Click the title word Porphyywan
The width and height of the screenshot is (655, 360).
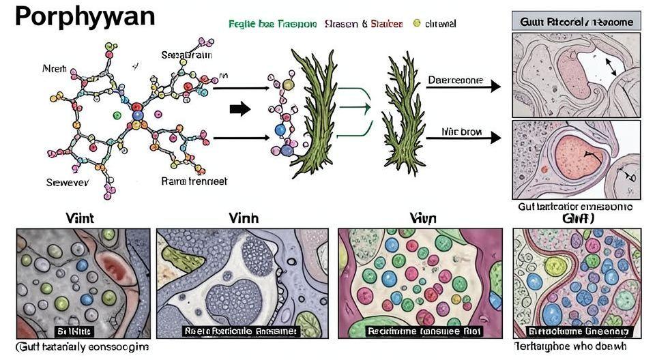tap(85, 16)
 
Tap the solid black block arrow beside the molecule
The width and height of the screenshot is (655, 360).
tap(240, 109)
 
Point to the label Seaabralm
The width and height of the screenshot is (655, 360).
tap(187, 55)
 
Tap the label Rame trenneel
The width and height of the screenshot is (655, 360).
tap(194, 181)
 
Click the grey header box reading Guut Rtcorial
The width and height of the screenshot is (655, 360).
tap(576, 22)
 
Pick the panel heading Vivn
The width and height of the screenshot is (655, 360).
tap(424, 219)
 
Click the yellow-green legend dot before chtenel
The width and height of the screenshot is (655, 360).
tap(417, 23)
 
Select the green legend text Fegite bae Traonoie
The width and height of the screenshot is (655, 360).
tap(272, 24)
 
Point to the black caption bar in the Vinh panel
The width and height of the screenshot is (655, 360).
tap(241, 331)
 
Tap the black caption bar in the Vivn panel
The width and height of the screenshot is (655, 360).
tap(424, 331)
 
